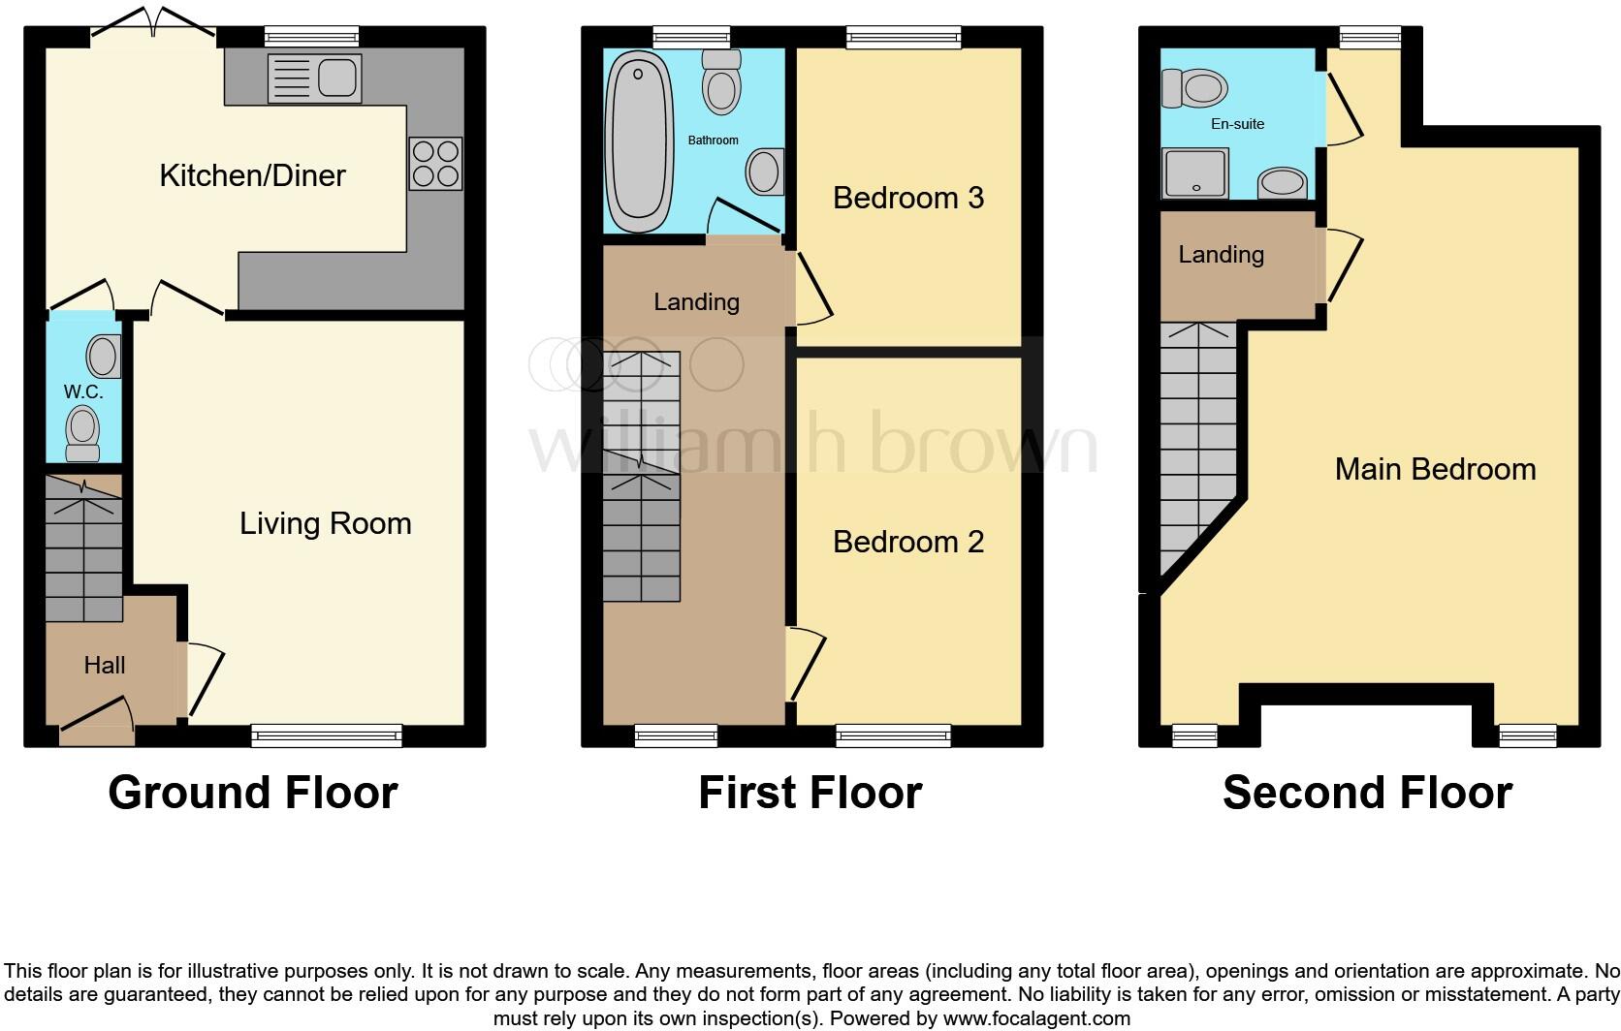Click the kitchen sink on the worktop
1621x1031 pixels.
coord(313,78)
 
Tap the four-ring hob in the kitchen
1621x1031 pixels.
coord(435,164)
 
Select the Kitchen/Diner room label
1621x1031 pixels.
coord(252,175)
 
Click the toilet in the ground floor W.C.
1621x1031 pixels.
coord(82,431)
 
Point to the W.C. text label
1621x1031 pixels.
coord(83,392)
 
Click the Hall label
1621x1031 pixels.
coord(105,665)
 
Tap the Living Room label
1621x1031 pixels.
coord(326,523)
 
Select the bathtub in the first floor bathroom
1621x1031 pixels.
coord(639,141)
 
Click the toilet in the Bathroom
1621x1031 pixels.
coord(720,82)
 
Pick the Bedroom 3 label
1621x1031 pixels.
coord(908,198)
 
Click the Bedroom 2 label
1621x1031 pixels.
coord(908,542)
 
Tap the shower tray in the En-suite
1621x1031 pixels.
coord(1194,172)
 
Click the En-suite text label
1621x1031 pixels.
coord(1237,124)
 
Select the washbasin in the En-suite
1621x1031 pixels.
coord(1283,182)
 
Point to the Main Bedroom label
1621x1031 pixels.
coord(1435,469)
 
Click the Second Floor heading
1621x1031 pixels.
coord(1367,793)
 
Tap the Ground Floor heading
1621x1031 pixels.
coord(253,793)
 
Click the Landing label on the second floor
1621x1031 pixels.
coord(1221,255)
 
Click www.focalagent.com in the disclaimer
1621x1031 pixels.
coord(1035,1018)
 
